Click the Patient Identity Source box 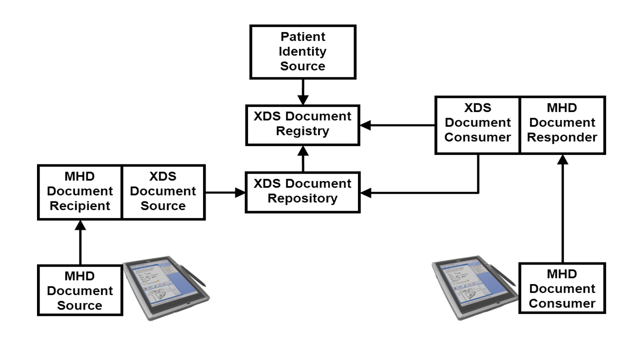coord(302,52)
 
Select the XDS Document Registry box coord(302,124)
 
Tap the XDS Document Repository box coord(302,191)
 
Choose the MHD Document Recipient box coord(80,192)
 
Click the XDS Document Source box coord(163,192)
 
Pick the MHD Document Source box coord(80,290)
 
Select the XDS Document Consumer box coord(477,123)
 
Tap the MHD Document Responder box coord(562,123)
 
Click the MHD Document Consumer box coord(562,288)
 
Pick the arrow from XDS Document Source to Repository coord(224,192)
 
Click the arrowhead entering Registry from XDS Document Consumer coord(366,125)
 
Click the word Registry coord(302,131)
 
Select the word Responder coord(562,137)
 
